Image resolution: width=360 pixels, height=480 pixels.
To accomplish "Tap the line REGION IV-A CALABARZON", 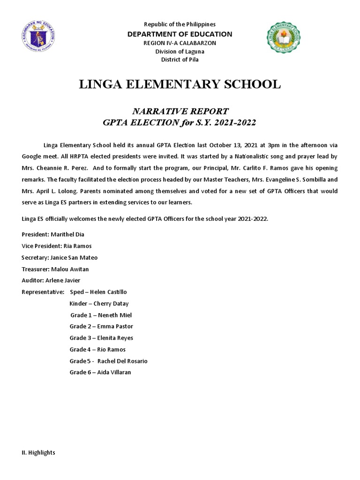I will pos(180,43).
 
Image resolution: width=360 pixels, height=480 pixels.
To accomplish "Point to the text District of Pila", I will pos(180,60).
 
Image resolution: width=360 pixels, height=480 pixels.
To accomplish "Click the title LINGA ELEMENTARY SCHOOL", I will pos(180,84).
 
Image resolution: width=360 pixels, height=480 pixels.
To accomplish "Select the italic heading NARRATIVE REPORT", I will pos(180,111).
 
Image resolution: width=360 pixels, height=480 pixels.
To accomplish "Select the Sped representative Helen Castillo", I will pos(98,292).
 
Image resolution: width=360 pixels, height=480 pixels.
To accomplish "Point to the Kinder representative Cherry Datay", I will pos(99,303).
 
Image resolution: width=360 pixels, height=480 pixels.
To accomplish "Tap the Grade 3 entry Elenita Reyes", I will pos(101,338).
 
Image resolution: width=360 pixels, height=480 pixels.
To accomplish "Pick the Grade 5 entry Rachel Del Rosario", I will pos(109,361).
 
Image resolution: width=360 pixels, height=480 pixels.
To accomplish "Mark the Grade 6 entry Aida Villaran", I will pos(100,372).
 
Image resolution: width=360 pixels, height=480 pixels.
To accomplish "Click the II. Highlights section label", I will pos(38,452).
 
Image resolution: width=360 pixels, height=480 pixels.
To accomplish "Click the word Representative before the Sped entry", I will pos(43,292).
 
